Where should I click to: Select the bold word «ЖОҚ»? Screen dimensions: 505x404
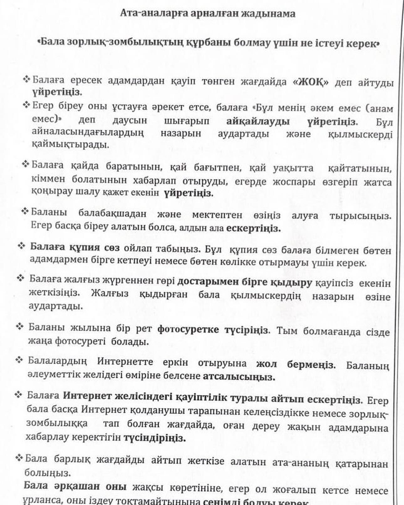pyautogui.click(x=310, y=82)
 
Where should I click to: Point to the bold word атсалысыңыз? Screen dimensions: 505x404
pyautogui.click(x=239, y=377)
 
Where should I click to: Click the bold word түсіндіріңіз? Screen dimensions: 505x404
pyautogui.click(x=155, y=438)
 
